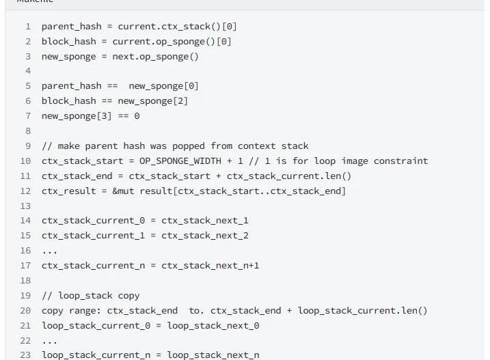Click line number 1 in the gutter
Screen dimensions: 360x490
click(x=28, y=27)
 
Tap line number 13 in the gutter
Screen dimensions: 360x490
click(x=25, y=206)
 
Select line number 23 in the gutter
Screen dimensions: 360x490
click(x=25, y=355)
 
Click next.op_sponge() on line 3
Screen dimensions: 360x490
click(x=155, y=57)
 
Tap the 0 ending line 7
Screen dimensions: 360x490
click(x=137, y=116)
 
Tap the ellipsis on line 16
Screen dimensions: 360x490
click(x=49, y=251)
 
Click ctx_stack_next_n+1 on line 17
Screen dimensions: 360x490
click(x=210, y=266)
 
